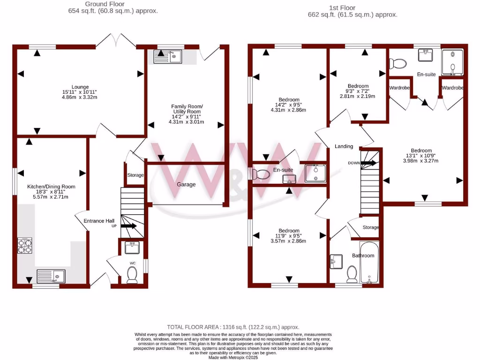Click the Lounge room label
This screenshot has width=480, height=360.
tap(80, 87)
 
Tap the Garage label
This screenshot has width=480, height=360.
tap(186, 184)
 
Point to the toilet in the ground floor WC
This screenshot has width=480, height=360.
tap(132, 275)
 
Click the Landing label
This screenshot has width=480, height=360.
tap(344, 146)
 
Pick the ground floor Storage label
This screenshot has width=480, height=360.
tap(135, 175)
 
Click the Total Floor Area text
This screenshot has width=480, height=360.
tap(233, 327)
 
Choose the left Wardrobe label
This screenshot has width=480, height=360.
tap(399, 88)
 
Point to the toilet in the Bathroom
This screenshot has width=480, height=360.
tap(352, 275)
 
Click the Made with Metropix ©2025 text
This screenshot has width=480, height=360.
tap(233, 358)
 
